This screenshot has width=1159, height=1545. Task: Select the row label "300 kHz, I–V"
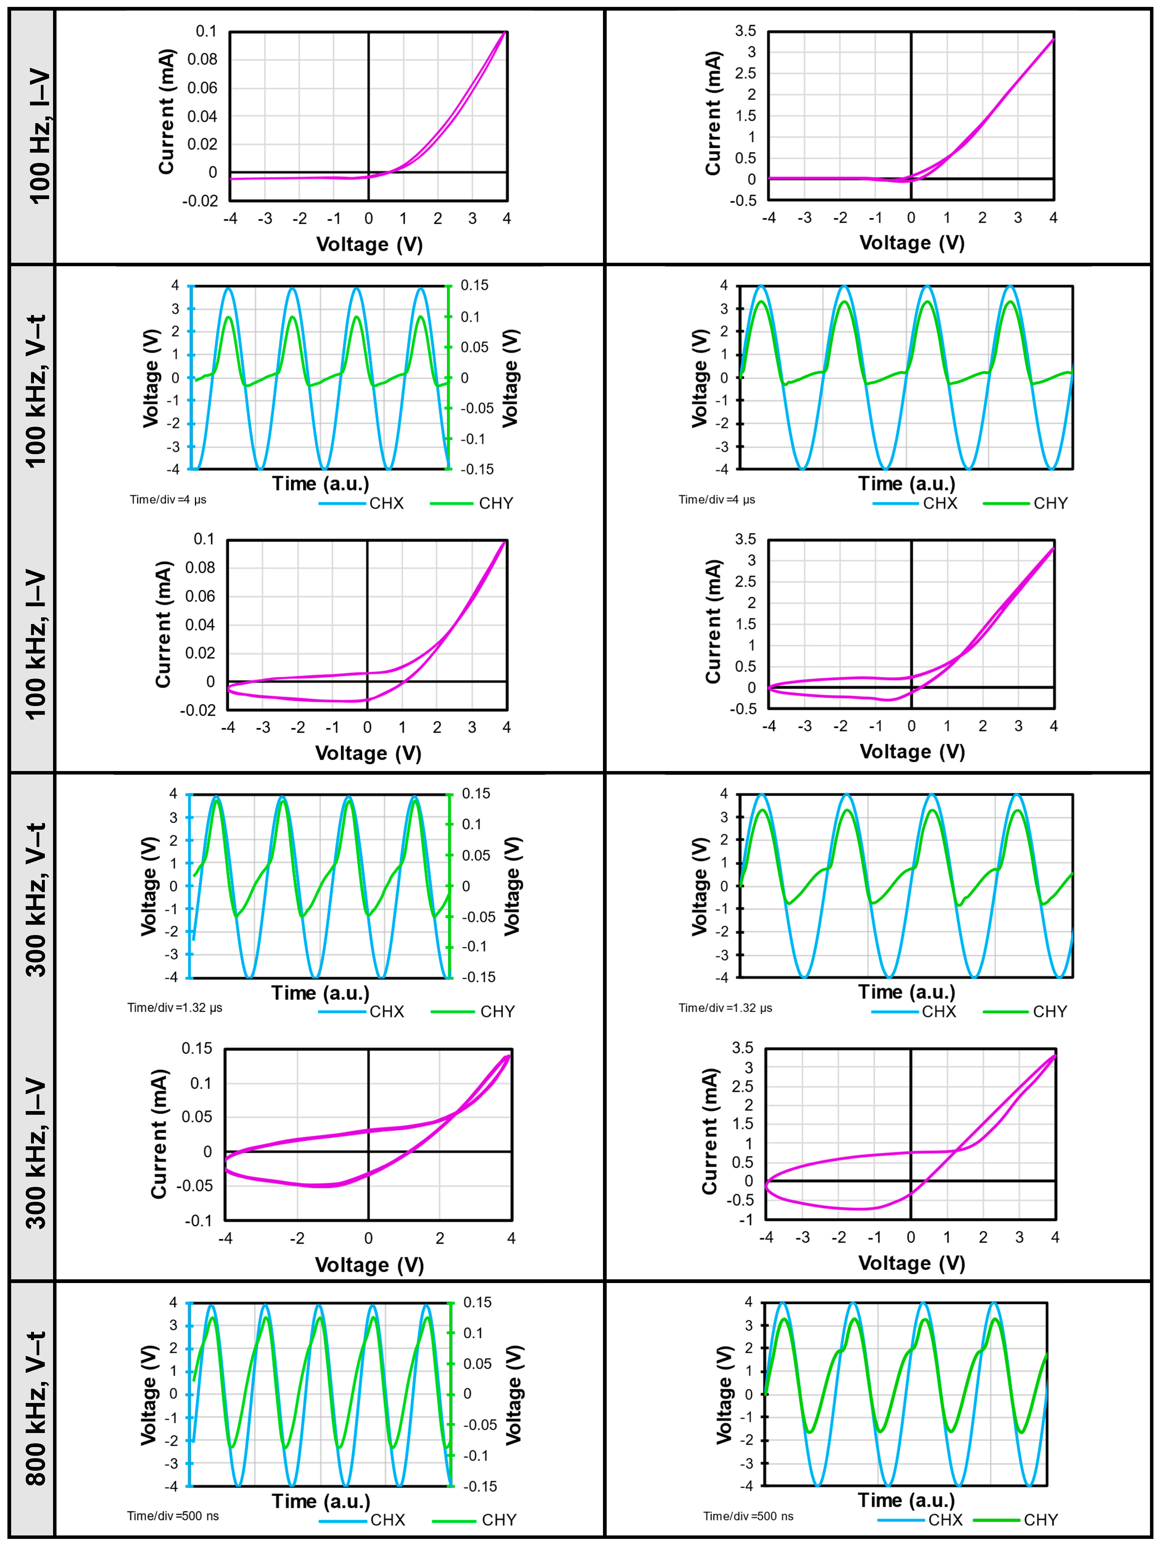[35, 1152]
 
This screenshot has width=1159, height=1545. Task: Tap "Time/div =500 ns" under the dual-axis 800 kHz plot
[172, 1516]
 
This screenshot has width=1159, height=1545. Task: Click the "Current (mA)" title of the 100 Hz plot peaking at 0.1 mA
[166, 112]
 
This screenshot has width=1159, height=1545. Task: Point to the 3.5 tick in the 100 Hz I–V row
[745, 31]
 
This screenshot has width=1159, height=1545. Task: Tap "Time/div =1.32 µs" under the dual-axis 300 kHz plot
[175, 1007]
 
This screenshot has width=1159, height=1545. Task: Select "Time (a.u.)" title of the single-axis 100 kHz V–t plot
[906, 483]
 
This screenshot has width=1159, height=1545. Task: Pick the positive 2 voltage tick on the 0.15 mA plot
[440, 1238]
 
